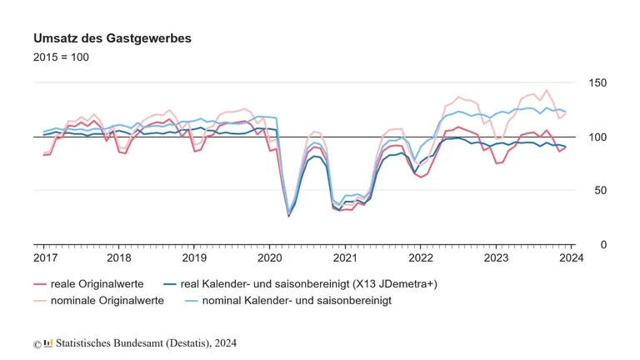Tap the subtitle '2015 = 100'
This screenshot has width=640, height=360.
[x=61, y=57]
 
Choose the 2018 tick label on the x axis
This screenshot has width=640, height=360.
[x=119, y=259]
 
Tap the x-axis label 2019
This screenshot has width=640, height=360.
[x=194, y=259]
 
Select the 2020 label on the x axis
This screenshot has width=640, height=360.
[x=269, y=259]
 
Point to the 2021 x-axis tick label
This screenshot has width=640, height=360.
[x=345, y=259]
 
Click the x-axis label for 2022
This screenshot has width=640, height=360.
[x=420, y=259]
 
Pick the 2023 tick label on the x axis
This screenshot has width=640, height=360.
[x=496, y=259]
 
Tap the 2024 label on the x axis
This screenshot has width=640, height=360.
[x=570, y=259]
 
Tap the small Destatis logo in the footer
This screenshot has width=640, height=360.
[x=48, y=342]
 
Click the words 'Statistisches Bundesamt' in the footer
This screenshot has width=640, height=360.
[x=107, y=342]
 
